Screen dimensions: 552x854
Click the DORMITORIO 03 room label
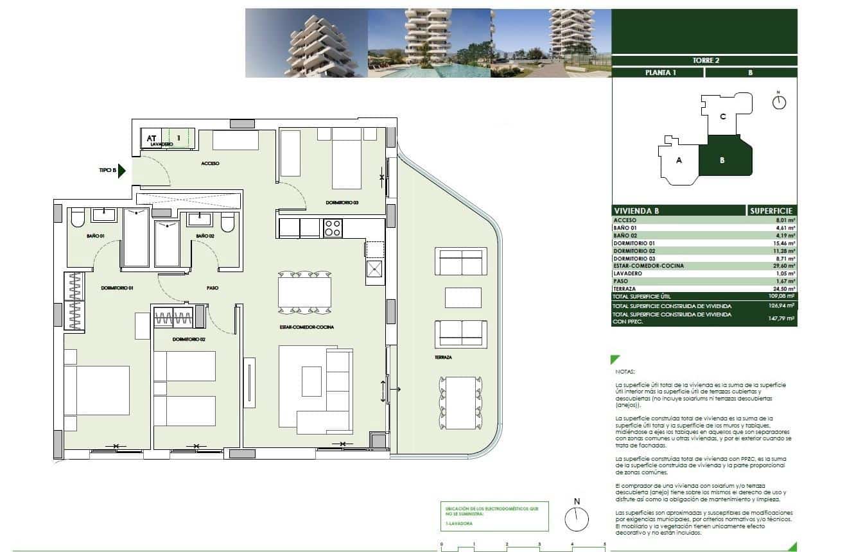point(342,203)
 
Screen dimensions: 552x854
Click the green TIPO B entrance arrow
point(122,171)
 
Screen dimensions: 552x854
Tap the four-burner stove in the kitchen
point(333,228)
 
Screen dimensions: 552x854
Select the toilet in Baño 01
point(78,219)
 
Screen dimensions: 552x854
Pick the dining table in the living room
point(304,293)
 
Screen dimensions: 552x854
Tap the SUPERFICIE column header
point(771,211)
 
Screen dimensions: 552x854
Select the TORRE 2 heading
point(704,61)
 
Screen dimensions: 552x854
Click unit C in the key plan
point(722,117)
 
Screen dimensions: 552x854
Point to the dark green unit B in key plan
point(722,160)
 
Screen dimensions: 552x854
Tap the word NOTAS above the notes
point(624,372)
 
